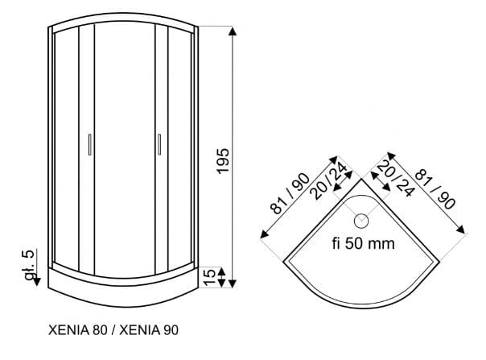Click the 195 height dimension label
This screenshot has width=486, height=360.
224,161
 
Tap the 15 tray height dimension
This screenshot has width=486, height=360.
210,277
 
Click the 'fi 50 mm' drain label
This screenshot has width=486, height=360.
364,243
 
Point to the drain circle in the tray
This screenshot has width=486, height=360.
361,221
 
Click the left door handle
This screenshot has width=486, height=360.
90,144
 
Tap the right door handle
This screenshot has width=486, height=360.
159,144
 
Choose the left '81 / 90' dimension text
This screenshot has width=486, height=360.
289,193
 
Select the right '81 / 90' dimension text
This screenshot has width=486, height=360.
435,188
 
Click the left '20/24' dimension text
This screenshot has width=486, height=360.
329,181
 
